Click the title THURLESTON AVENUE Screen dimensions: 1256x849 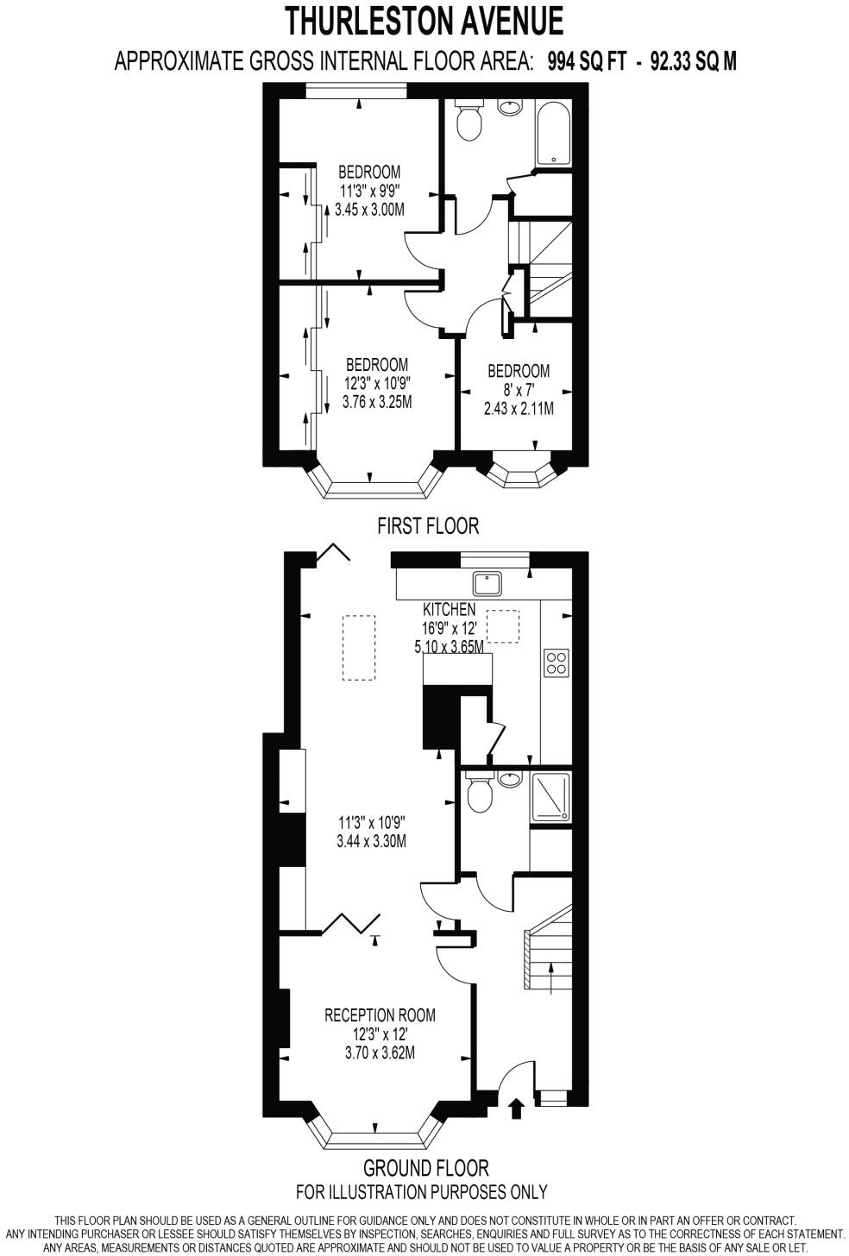pos(424,20)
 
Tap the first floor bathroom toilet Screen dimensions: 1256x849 pos(469,122)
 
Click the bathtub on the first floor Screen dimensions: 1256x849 pos(552,134)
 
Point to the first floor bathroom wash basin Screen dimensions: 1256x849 pos(510,106)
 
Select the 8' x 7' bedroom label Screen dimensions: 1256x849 pos(518,389)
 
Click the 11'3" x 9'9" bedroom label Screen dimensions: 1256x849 pos(369,190)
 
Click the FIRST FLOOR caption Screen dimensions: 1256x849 pos(427,525)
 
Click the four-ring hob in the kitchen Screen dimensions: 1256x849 pos(557,662)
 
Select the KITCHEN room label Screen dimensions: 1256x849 pos(449,609)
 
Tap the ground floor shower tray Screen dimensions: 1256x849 pos(550,796)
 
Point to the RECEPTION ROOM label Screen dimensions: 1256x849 pos(380,1015)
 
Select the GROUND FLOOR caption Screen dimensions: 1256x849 pos(425,1168)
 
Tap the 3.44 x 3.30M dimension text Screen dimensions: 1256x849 pos(371,842)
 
